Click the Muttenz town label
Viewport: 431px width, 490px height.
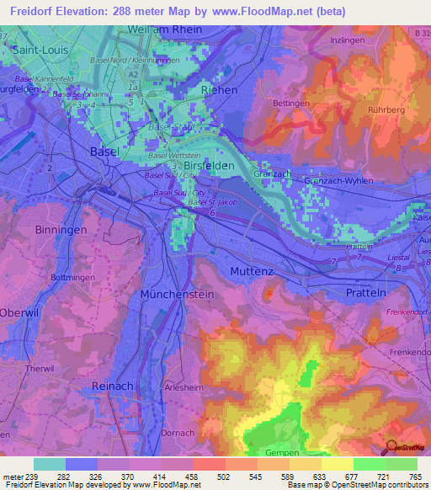[x=254, y=271]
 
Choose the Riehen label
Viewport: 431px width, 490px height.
[x=219, y=90]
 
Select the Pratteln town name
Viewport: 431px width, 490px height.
[x=365, y=292]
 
